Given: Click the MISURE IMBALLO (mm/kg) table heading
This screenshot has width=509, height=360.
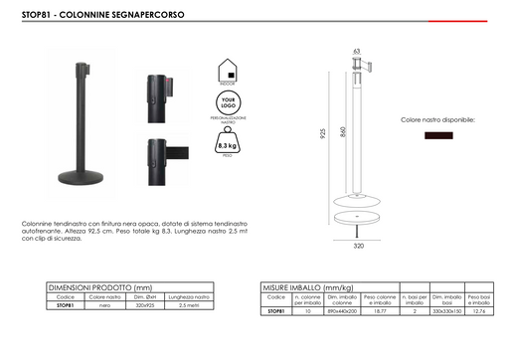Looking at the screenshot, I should [306, 287].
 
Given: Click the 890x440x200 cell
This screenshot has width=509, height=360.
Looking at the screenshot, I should [341, 311].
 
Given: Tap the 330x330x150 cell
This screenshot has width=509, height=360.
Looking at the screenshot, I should [445, 311].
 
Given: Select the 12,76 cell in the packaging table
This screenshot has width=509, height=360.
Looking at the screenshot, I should [480, 311].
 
